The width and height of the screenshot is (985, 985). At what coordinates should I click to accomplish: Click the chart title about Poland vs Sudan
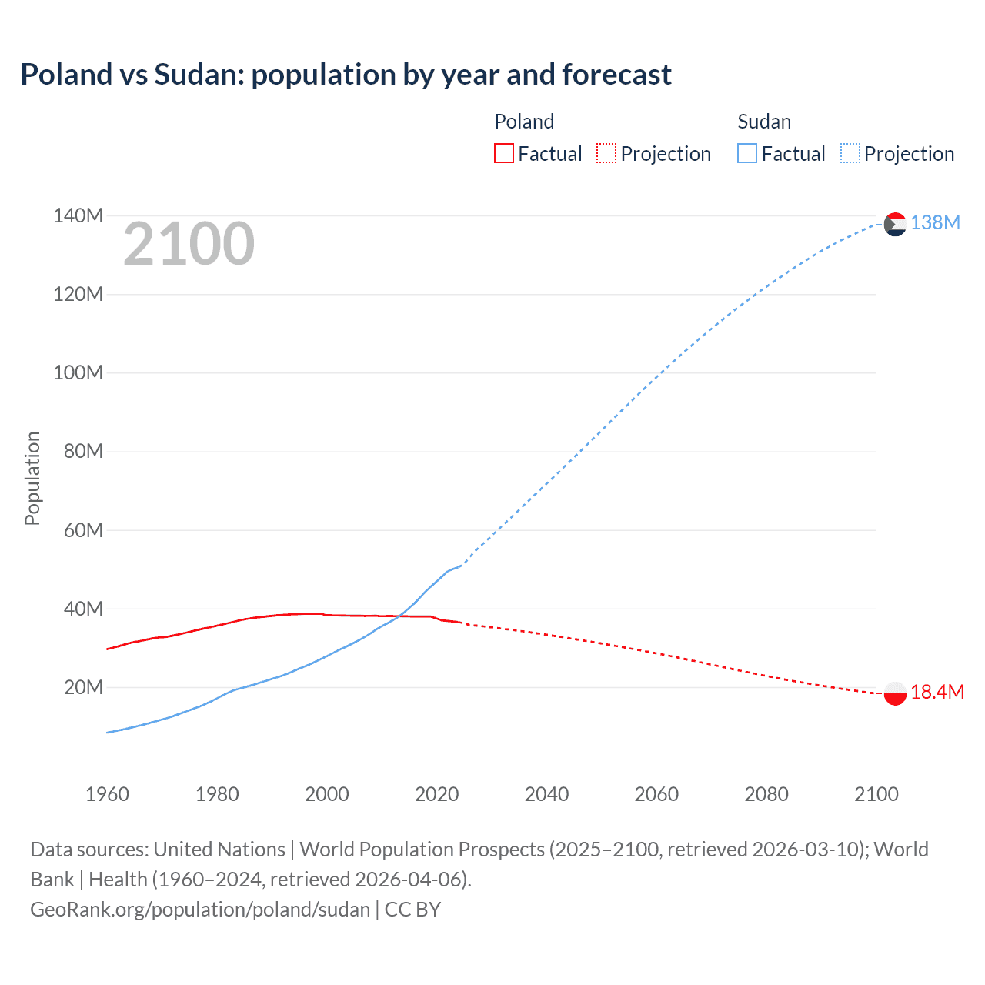346,75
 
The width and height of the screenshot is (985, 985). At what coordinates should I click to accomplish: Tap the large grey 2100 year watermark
189,244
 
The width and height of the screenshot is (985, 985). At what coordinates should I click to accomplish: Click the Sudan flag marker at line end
895,224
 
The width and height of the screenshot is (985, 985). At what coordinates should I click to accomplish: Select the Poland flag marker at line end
895,693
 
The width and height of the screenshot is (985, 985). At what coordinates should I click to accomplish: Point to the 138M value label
935,223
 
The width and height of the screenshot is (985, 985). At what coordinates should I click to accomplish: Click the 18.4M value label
937,693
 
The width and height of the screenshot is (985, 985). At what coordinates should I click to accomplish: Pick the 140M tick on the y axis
78,216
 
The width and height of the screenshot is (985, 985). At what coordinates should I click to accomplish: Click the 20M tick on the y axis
82,688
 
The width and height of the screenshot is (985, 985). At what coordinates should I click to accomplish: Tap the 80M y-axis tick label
82,452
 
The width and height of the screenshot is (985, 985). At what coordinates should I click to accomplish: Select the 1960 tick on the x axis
107,794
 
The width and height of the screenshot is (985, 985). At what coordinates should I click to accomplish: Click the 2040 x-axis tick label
546,794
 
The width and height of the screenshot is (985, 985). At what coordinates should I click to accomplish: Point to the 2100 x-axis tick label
876,794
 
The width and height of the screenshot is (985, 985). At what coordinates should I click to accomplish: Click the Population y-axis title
32,478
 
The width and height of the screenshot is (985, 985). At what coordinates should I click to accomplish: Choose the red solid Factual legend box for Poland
503,154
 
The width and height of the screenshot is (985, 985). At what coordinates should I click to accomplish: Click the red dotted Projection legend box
606,154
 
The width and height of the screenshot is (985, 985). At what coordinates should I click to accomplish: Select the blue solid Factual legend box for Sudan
747,154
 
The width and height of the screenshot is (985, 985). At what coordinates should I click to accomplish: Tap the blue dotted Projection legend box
850,154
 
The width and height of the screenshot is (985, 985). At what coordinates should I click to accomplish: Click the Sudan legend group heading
764,122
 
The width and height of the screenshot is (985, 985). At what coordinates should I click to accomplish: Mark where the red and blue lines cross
399,616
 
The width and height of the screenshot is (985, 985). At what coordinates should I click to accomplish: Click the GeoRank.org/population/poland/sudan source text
200,910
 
